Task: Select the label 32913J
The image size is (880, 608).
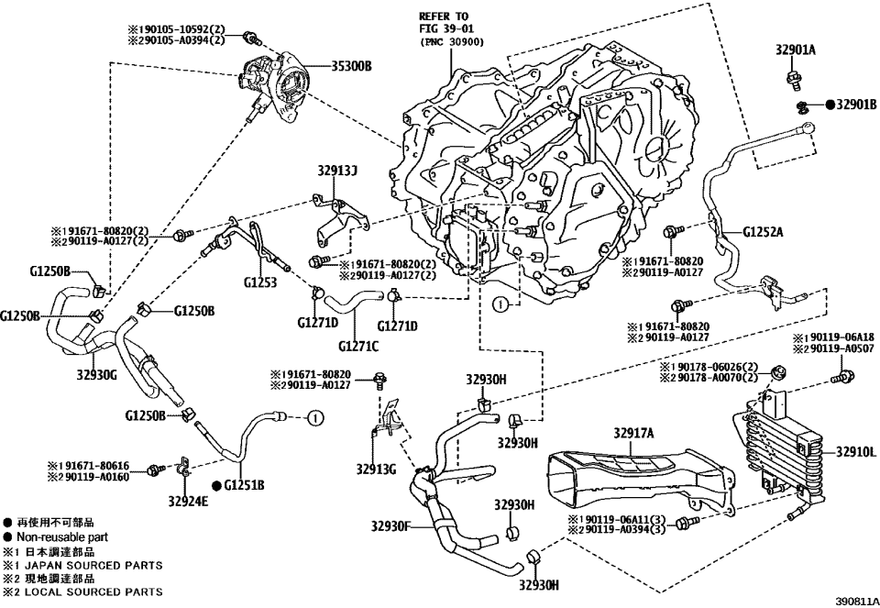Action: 339,171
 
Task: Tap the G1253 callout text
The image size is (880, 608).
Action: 261,283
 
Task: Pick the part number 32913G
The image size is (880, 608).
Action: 377,470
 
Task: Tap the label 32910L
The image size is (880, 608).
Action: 856,451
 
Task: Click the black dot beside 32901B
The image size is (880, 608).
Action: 829,105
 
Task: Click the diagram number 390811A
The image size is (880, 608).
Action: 856,601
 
